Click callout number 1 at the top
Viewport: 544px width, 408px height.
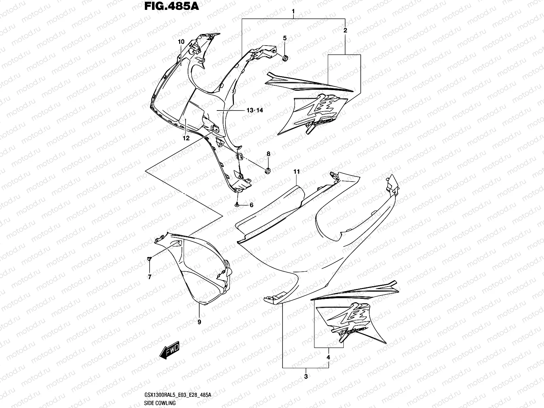point(293,13)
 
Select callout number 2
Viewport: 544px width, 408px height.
point(345,30)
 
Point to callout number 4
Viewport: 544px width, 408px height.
point(328,357)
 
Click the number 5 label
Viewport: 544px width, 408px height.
point(285,38)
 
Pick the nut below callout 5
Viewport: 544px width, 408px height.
point(286,58)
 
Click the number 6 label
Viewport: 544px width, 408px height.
point(252,205)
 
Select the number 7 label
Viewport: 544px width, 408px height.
point(149,277)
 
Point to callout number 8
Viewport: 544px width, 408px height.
point(268,154)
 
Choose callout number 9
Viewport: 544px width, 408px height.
point(199,321)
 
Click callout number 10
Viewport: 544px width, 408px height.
point(181,42)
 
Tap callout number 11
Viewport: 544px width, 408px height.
point(297,172)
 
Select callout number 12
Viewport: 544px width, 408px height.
point(186,138)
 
